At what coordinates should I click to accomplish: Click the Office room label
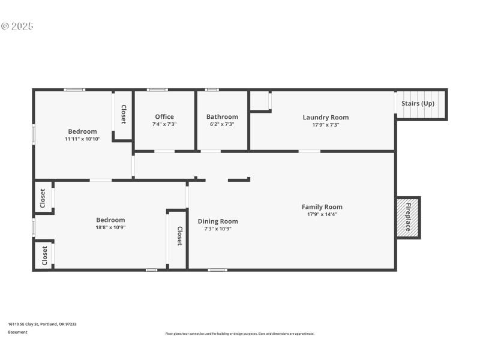(164, 117)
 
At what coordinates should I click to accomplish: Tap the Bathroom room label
(222, 117)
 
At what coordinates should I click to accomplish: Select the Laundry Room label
(325, 118)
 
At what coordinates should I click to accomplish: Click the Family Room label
(322, 207)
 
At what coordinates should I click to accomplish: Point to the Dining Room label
(218, 221)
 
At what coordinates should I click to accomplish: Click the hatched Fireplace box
(407, 217)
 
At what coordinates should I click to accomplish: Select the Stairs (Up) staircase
(421, 104)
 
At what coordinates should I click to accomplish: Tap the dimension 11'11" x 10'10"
(82, 139)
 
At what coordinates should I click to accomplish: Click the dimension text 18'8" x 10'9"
(110, 227)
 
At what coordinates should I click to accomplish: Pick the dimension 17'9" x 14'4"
(322, 214)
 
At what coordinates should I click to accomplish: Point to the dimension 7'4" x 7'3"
(164, 124)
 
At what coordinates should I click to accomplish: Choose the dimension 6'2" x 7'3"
(222, 124)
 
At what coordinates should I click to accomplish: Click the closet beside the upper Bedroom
(123, 115)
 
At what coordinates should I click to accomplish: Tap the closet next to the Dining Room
(179, 236)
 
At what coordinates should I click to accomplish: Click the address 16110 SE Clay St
(42, 324)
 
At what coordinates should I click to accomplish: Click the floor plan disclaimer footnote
(239, 334)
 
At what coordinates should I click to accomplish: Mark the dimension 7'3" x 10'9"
(218, 229)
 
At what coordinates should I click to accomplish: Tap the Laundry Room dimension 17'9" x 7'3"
(325, 125)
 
